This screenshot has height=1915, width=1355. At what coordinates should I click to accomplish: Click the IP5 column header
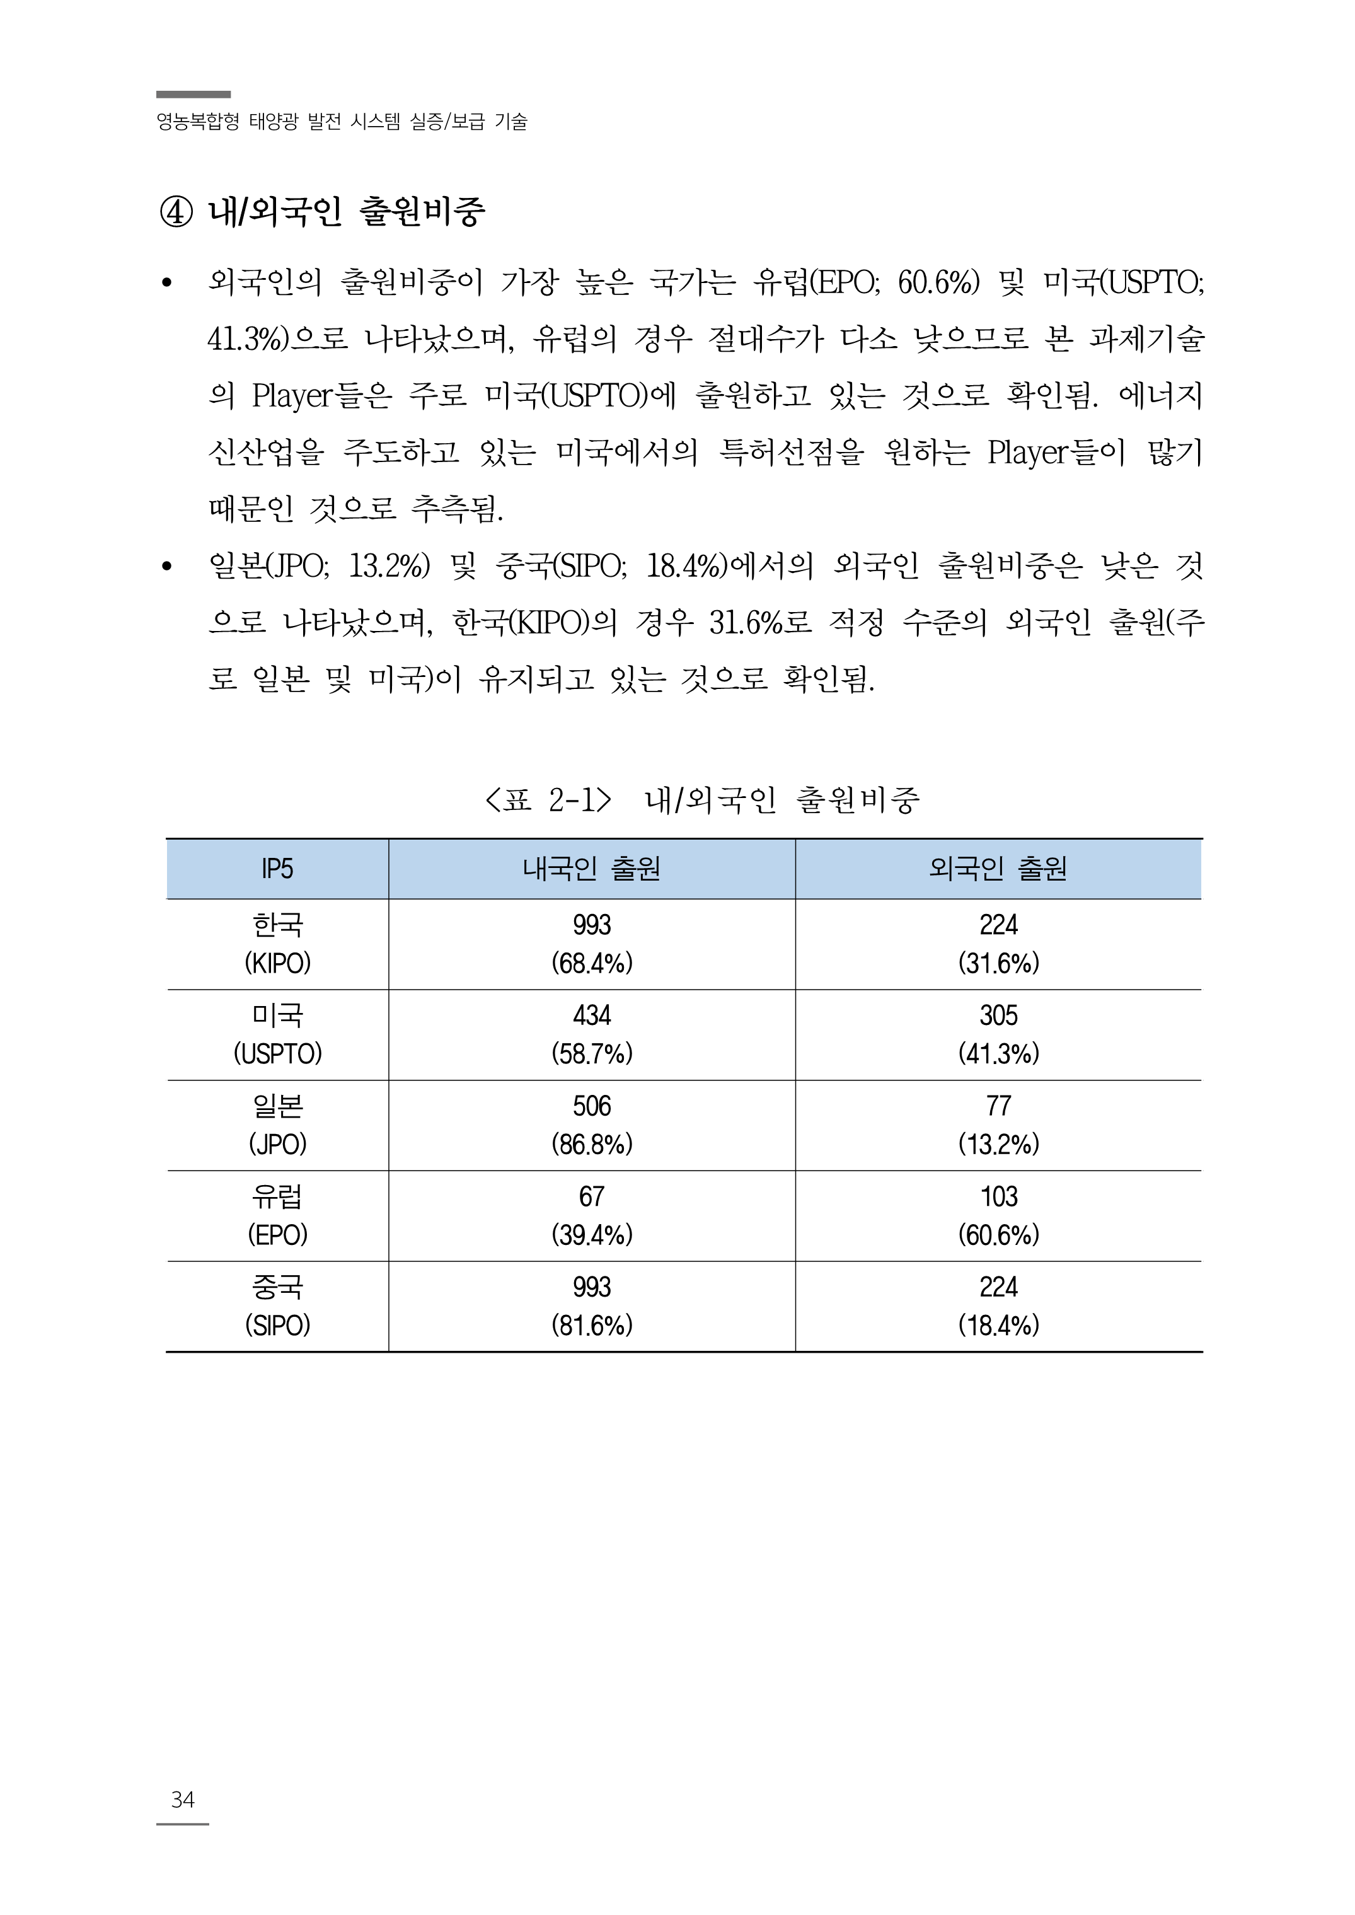tap(277, 869)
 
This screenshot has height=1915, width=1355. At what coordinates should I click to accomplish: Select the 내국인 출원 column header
tap(592, 869)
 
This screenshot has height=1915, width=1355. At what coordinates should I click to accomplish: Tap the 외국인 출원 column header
tap(998, 869)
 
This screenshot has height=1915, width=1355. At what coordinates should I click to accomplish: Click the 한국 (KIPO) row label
tap(277, 944)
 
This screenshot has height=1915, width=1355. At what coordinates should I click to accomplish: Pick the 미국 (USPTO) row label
tap(277, 1034)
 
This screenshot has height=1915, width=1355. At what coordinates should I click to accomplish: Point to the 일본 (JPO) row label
tap(277, 1125)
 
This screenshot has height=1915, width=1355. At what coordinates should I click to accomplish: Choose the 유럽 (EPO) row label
tap(277, 1216)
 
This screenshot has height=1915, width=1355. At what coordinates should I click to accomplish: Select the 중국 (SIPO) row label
tap(277, 1306)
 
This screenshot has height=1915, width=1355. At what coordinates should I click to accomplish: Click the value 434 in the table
tap(592, 1015)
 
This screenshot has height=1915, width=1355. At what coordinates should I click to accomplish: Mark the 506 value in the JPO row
tap(592, 1106)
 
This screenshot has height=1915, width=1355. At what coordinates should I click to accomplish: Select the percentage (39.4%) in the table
tap(592, 1235)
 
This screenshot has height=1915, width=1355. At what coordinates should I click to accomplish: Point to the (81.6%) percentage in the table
tap(592, 1325)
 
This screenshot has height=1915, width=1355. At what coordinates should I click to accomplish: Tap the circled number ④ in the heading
tap(176, 212)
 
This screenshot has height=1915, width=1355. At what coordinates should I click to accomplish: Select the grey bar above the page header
tap(193, 95)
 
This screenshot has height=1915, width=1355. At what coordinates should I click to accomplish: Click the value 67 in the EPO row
tap(592, 1196)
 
